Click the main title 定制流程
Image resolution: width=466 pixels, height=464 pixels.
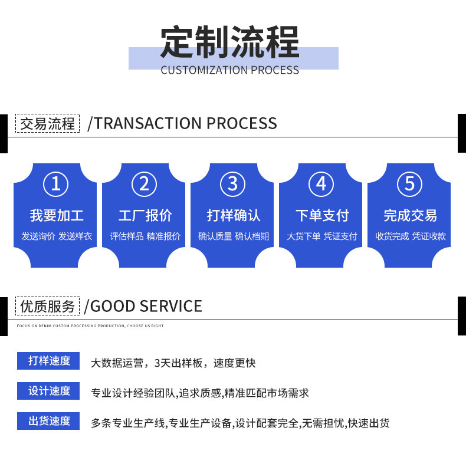229,42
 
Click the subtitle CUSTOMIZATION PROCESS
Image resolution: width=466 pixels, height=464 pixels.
229,70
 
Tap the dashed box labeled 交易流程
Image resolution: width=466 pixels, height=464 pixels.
48,123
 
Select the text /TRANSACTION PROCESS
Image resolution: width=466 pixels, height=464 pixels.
182,123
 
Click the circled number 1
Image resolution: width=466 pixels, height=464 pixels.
56,184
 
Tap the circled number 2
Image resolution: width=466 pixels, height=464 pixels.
144,184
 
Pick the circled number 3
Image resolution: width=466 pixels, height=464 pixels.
232,184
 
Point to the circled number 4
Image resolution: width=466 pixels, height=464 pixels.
321,184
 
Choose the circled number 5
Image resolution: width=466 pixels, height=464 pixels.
409,184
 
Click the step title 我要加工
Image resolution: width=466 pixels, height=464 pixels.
57,215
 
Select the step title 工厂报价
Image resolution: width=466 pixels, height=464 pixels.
145,215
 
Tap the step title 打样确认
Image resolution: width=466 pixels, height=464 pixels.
234,215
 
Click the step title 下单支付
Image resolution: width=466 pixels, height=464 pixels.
322,215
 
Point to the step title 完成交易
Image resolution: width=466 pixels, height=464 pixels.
411,215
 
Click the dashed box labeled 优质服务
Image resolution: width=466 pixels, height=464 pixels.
48,306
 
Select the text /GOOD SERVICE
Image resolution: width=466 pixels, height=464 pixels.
143,306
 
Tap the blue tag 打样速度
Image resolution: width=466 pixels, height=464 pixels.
48,361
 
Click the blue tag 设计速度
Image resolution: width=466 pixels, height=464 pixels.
48,391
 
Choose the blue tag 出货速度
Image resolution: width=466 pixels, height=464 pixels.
48,421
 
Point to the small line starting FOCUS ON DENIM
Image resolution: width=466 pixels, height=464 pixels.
90,326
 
